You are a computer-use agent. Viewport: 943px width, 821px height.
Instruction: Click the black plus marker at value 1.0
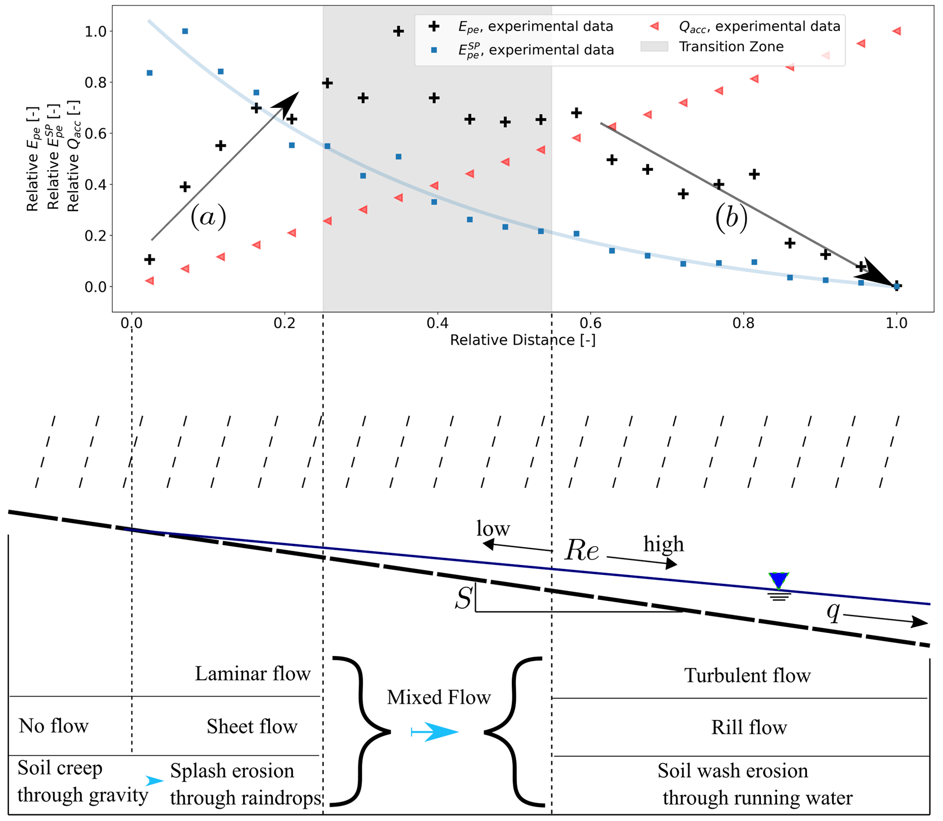point(398,31)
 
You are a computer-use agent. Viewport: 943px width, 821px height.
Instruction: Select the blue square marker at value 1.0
point(185,31)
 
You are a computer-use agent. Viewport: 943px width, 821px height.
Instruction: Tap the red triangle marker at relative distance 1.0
point(896,31)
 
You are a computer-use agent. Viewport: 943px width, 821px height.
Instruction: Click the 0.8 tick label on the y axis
point(95,83)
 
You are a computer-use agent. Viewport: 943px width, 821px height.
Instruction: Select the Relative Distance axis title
point(522,340)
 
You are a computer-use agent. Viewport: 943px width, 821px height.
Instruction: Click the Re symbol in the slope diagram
point(581,550)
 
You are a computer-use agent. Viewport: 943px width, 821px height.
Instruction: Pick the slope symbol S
point(463,598)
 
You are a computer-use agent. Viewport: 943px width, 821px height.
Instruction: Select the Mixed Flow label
point(438,697)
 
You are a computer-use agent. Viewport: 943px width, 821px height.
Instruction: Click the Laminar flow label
point(253,674)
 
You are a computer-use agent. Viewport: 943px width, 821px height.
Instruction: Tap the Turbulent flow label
point(747,676)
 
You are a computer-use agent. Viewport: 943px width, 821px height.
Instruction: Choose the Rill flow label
point(749,727)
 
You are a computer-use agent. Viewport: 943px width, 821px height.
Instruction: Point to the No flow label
point(53,726)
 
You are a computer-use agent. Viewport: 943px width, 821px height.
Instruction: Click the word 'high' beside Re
point(663,544)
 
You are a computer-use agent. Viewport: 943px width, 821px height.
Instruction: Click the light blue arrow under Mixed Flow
point(435,732)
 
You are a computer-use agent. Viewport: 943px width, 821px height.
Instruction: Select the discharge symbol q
point(834,611)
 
